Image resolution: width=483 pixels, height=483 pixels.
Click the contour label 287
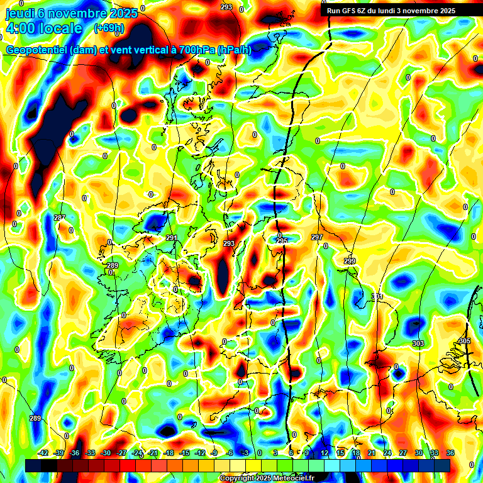[60, 218]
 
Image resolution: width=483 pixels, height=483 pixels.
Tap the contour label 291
[172, 238]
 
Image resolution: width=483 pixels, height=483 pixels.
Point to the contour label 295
[282, 241]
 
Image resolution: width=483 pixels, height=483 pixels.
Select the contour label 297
[317, 237]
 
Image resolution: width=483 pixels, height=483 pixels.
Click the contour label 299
[350, 261]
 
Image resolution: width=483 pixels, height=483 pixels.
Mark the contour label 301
[377, 296]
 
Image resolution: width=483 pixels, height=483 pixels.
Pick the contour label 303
[418, 343]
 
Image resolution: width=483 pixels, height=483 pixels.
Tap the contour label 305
[464, 341]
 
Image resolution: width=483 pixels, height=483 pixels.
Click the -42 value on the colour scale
[43, 453]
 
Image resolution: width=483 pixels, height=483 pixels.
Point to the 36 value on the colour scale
[450, 453]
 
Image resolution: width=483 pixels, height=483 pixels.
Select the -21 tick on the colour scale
[153, 453]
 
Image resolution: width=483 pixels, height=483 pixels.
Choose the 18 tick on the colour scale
[356, 453]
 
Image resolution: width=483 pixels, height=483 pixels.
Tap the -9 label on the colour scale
[213, 453]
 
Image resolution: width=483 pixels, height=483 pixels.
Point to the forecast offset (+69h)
[109, 28]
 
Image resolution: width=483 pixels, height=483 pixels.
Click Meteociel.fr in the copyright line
[294, 479]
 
